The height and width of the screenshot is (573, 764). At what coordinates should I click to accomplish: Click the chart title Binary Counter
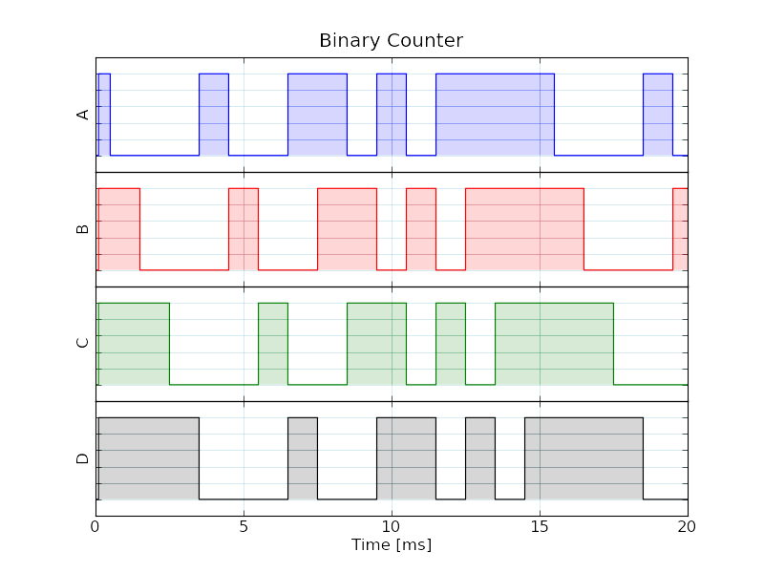coord(391,40)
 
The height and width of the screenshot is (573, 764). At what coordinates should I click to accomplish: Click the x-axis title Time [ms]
coord(392,544)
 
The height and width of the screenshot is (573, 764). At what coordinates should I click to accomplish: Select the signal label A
coord(83,115)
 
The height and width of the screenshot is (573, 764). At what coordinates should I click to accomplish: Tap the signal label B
coord(83,229)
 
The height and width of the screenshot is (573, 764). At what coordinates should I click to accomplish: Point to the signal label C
coord(83,343)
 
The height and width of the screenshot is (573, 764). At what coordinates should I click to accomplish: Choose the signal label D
coord(83,458)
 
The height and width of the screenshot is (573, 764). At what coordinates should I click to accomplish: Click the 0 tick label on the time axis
coord(95,527)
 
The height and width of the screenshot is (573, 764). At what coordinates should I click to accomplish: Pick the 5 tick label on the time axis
coord(244,527)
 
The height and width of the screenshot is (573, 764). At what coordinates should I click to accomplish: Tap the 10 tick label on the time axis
coord(392,527)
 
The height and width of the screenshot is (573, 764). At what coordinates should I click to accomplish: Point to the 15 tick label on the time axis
coord(540,527)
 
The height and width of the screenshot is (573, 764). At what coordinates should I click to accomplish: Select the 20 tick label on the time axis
coord(687,527)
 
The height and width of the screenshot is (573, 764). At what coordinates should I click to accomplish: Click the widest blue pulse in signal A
coord(495,115)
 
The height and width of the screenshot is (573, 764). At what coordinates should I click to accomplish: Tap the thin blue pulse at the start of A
coord(104,115)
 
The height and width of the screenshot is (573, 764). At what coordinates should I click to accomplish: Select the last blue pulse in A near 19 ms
coord(658,115)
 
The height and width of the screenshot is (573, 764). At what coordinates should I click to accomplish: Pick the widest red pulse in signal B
coord(524,229)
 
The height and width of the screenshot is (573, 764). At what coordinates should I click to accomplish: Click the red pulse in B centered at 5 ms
coord(244,229)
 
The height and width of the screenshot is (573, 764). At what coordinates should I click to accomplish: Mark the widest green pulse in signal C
coord(555,344)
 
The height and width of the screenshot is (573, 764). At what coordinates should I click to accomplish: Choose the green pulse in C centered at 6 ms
coord(273,344)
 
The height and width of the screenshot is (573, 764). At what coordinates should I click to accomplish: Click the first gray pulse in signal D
coord(149,458)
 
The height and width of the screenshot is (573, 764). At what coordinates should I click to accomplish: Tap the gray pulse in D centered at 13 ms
coord(480,458)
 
